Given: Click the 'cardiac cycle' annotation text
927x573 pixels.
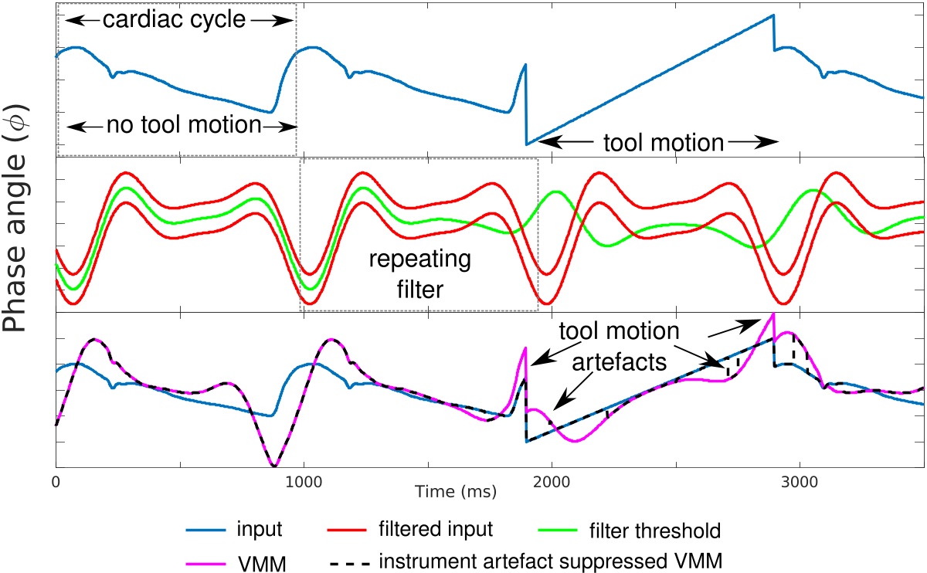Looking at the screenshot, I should [x=174, y=20].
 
